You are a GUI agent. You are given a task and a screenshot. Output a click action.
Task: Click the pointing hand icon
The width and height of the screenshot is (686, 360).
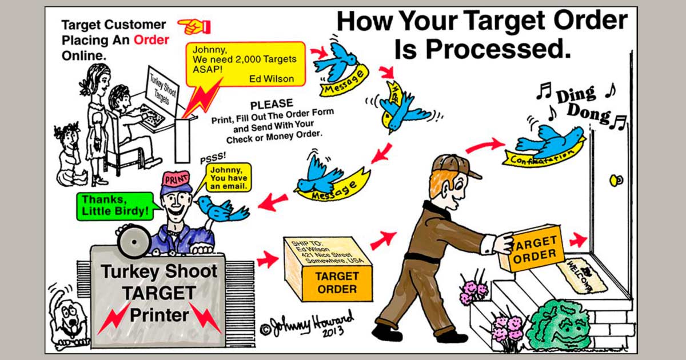(x=194, y=25)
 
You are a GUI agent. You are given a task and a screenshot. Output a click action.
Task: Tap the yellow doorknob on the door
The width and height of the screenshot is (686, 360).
(x=616, y=181)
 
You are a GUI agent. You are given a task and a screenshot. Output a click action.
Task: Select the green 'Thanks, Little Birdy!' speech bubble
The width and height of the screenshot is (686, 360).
(x=116, y=206)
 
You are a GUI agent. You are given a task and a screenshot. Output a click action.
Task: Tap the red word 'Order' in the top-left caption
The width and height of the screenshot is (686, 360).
(x=151, y=41)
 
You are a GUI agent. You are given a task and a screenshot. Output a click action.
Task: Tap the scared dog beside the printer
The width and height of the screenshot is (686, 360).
(x=68, y=315)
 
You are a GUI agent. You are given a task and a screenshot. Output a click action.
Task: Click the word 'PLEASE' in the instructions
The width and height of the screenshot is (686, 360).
(x=272, y=104)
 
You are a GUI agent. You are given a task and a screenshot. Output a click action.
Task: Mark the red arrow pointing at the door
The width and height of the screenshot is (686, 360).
(x=578, y=239)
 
